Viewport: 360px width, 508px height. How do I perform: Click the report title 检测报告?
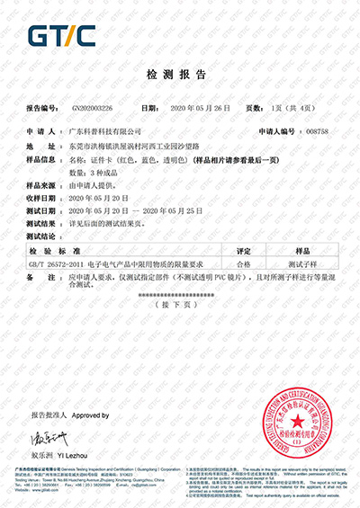179,73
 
